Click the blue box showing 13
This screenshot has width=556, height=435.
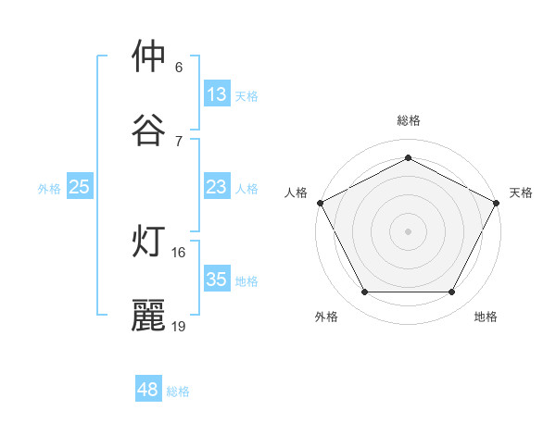coord(217,94)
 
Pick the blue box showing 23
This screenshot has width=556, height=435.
coord(217,187)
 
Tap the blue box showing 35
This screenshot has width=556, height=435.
coord(217,280)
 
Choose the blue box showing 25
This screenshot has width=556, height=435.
coord(80,187)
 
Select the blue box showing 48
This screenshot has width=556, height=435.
coord(148,390)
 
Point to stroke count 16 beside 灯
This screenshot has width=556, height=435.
coord(180,252)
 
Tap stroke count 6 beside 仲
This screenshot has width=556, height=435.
coord(179,67)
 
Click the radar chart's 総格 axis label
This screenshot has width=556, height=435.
coord(408,120)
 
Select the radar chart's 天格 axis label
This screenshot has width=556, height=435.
coord(521,193)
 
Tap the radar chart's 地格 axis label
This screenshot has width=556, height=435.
coord(486,317)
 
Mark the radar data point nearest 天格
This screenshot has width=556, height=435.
coord(497,202)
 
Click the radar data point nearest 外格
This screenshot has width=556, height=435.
coord(364,292)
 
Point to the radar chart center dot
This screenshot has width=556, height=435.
coord(408,230)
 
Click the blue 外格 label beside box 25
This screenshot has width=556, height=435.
coord(49,188)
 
